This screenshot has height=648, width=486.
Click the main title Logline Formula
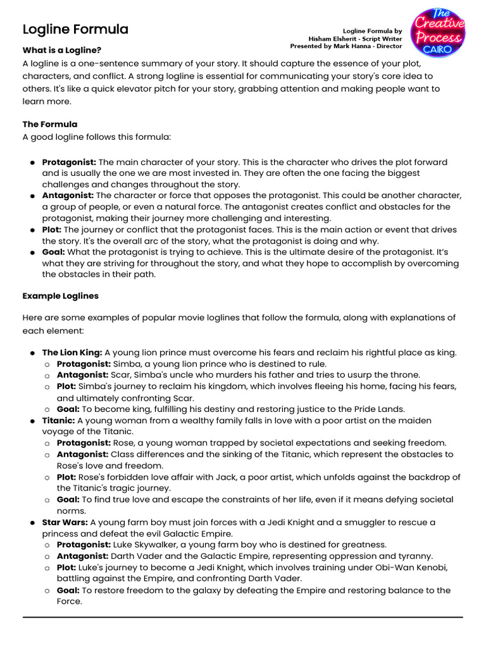(x=75, y=29)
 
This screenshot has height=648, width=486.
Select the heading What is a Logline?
(x=61, y=50)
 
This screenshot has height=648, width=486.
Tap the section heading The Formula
(x=50, y=124)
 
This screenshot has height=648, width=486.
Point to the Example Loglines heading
(x=60, y=296)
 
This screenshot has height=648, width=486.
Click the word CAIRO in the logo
(x=438, y=49)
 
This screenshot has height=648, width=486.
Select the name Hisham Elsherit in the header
(x=332, y=38)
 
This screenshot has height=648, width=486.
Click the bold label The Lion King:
(x=72, y=352)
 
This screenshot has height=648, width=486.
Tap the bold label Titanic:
(x=58, y=421)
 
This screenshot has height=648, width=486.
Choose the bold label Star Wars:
(x=65, y=522)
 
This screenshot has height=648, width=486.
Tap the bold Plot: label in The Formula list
(x=51, y=230)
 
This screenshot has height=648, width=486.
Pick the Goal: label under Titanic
(x=68, y=499)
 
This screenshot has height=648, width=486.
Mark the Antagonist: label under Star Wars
(x=82, y=556)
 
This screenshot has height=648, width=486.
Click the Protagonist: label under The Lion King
(x=84, y=364)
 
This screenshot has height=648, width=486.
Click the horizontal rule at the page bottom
(x=242, y=616)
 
